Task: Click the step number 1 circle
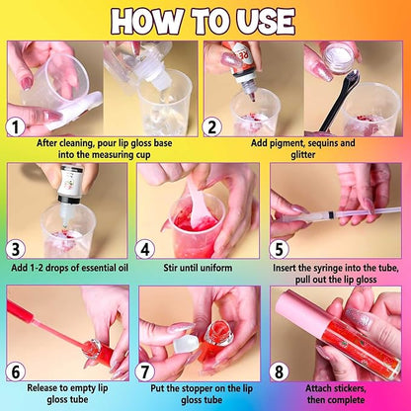tap(15, 126)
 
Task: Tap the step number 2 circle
tap(211, 126)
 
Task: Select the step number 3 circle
tap(15, 249)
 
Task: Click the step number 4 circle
tap(145, 249)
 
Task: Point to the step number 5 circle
tap(279, 249)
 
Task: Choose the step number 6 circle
tap(15, 371)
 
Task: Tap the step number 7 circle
tap(145, 371)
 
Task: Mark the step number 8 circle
tap(279, 371)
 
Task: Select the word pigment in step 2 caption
tap(289, 144)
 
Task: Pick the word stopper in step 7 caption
tap(208, 388)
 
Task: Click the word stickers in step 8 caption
tap(351, 388)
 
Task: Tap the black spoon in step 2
tap(339, 102)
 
